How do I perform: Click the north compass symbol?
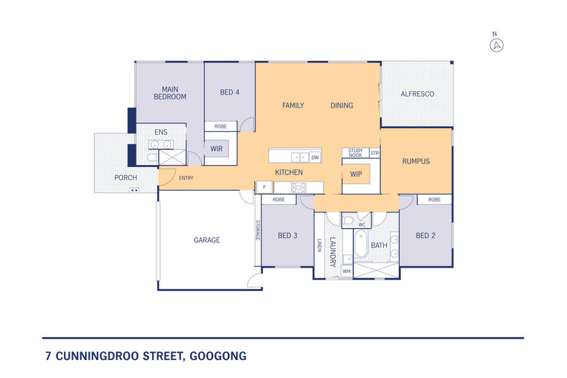[495, 45]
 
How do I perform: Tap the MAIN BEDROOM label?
[169, 93]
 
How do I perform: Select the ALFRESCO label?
[417, 94]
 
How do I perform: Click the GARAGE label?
[206, 240]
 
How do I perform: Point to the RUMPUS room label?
[416, 161]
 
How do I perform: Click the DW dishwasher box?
[315, 157]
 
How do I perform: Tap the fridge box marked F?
[264, 187]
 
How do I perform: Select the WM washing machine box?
[346, 271]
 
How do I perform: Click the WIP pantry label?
[356, 174]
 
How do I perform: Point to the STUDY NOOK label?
[355, 152]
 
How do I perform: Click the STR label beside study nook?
[374, 153]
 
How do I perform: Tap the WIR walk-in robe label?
[216, 149]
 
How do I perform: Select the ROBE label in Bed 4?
[220, 126]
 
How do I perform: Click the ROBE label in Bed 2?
[434, 199]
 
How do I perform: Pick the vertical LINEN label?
[319, 245]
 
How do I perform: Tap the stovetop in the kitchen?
[299, 187]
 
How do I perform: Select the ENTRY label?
[186, 178]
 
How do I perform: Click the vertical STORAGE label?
[256, 231]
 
